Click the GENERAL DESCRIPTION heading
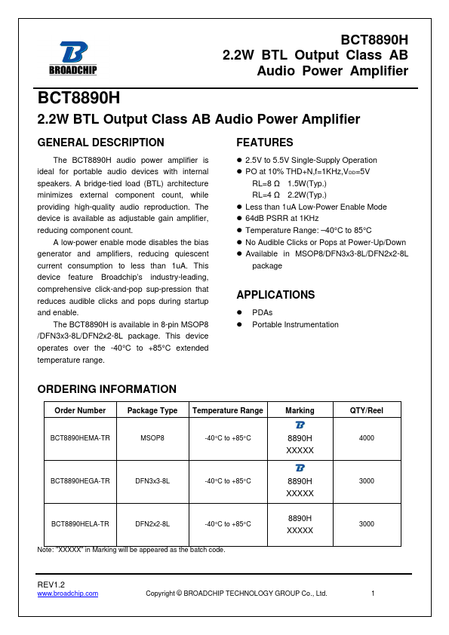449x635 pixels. (x=100, y=143)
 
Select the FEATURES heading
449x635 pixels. (x=265, y=143)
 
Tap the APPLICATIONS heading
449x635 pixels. (x=275, y=295)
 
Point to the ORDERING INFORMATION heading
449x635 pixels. (x=106, y=389)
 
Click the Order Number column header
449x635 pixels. (x=80, y=410)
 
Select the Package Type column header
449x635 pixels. (x=152, y=410)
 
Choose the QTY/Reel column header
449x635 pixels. (x=366, y=410)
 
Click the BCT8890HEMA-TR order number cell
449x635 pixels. (x=80, y=438)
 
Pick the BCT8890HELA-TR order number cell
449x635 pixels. (x=80, y=523)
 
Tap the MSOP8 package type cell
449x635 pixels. (x=152, y=438)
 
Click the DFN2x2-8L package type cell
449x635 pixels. (x=152, y=523)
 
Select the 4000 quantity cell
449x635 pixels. (x=366, y=438)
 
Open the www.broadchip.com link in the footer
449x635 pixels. (x=68, y=594)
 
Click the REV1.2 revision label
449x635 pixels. (x=51, y=584)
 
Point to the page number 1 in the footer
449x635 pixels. (x=374, y=594)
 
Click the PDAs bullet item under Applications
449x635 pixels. (x=263, y=312)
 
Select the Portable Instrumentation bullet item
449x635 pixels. (x=295, y=325)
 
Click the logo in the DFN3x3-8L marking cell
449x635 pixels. (x=300, y=468)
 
